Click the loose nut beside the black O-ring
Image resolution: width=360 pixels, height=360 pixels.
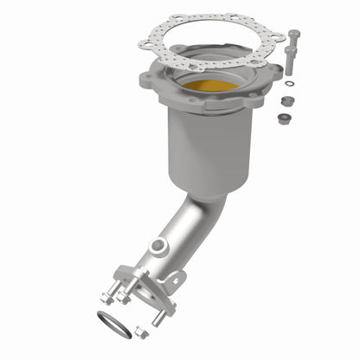pos(142,331)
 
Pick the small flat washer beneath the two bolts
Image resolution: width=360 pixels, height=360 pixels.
pos(288,84)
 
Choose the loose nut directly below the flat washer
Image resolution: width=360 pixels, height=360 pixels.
pos(286,100)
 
